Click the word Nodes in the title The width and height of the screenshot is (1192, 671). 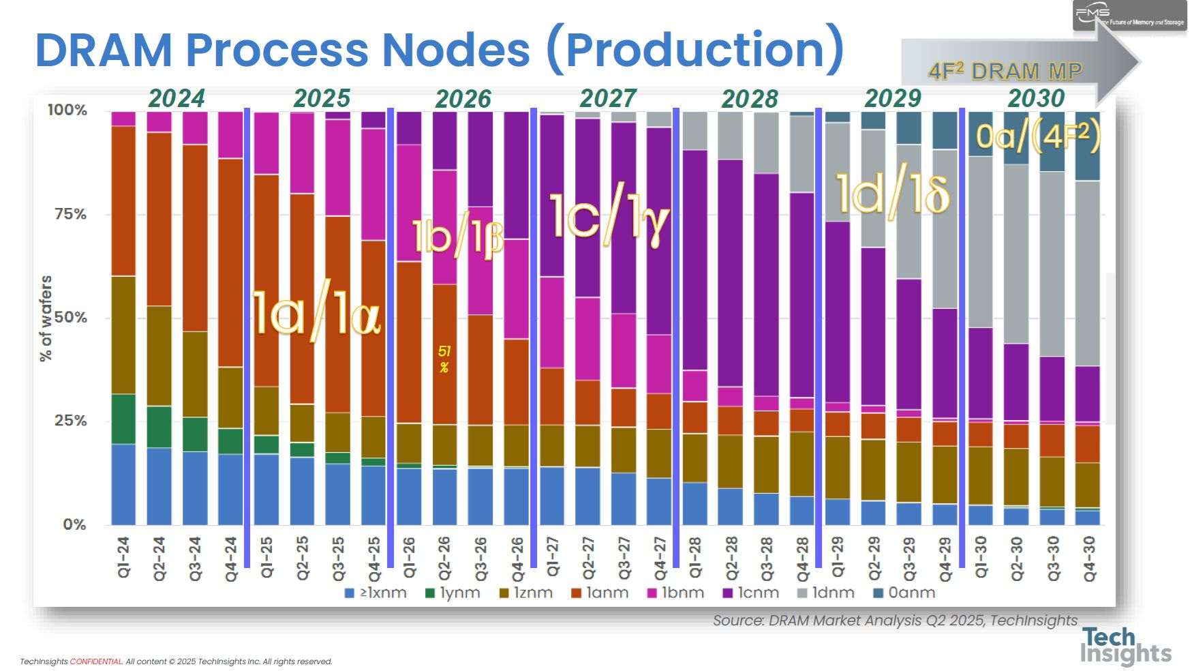[x=455, y=50]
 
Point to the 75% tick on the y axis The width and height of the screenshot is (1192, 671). [x=70, y=214]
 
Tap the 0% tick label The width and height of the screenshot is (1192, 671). [x=74, y=524]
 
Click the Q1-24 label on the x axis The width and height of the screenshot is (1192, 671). [x=124, y=557]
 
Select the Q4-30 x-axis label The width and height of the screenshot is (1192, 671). [x=1088, y=558]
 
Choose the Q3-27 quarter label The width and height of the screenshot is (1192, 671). [x=624, y=558]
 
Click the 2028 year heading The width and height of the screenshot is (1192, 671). [x=750, y=100]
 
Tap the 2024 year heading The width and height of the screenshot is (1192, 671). [x=177, y=99]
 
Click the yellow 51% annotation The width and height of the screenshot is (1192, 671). [x=444, y=359]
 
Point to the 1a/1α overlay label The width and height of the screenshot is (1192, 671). [x=316, y=313]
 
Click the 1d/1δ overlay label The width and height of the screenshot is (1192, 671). [x=892, y=194]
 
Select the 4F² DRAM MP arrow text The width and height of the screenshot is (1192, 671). [x=1005, y=71]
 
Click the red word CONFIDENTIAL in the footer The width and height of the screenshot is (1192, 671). [x=96, y=661]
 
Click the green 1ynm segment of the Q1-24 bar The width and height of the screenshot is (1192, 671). [x=123, y=419]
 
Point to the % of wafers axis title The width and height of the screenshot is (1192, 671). [x=46, y=318]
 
